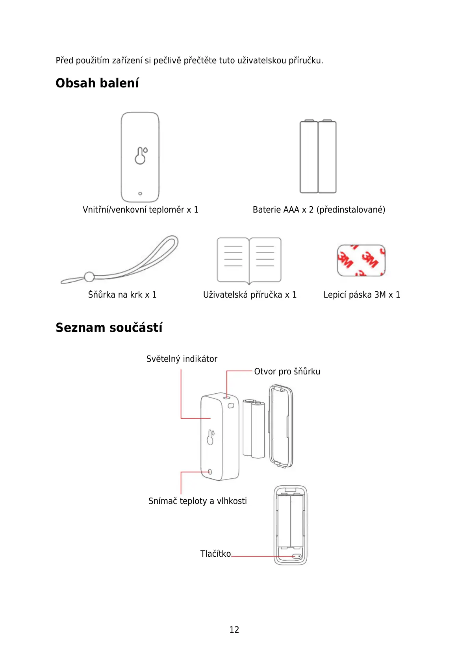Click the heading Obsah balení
tap(97, 83)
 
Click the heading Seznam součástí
tap(109, 328)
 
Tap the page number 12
tap(234, 630)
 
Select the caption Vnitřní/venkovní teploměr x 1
tap(140, 209)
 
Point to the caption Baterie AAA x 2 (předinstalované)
tap(319, 209)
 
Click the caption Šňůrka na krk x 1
tap(122, 294)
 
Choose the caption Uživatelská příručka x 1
tap(250, 294)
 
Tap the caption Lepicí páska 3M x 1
tap(361, 294)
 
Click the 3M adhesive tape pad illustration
tap(361, 260)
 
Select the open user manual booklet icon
tap(249, 260)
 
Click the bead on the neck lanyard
tap(89, 277)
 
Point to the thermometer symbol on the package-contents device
tap(141, 156)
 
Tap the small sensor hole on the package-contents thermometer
tap(140, 193)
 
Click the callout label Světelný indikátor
tap(182, 359)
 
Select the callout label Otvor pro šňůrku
tap(287, 371)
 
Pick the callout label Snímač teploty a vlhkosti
tap(197, 501)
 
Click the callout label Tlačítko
tap(215, 554)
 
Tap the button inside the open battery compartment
tap(297, 556)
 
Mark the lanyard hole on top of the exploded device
tap(227, 398)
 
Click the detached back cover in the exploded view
tap(281, 427)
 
